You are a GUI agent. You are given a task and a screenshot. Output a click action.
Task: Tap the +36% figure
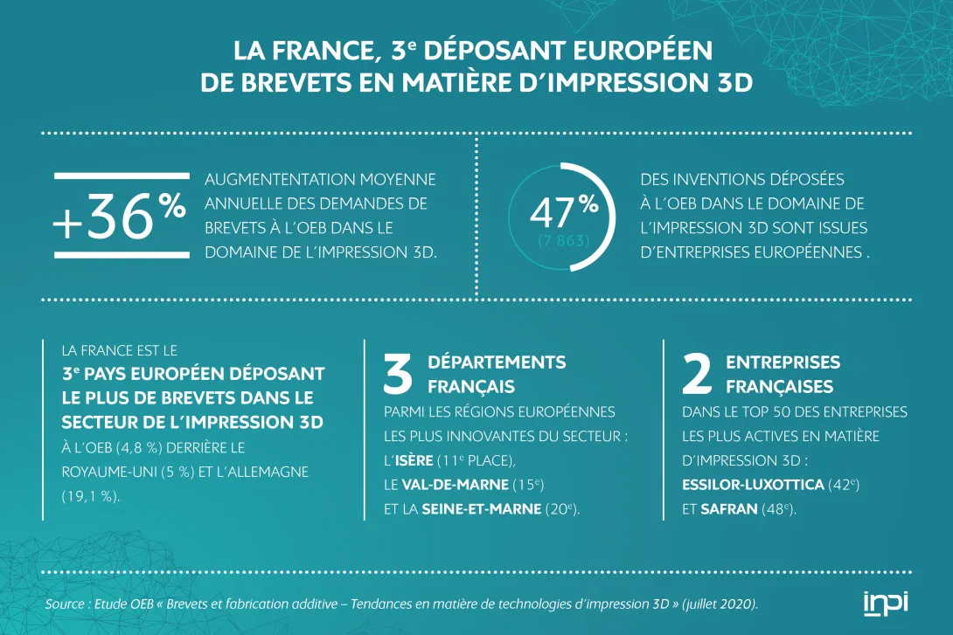(120, 215)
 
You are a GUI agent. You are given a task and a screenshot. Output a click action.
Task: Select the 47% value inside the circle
(564, 211)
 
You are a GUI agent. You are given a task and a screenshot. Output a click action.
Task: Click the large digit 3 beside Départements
(399, 373)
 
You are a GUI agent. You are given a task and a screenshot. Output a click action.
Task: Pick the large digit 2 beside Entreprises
(696, 373)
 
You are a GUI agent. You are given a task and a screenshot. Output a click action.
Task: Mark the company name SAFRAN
(730, 508)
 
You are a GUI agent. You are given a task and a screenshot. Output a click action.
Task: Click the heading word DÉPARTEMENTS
(497, 362)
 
